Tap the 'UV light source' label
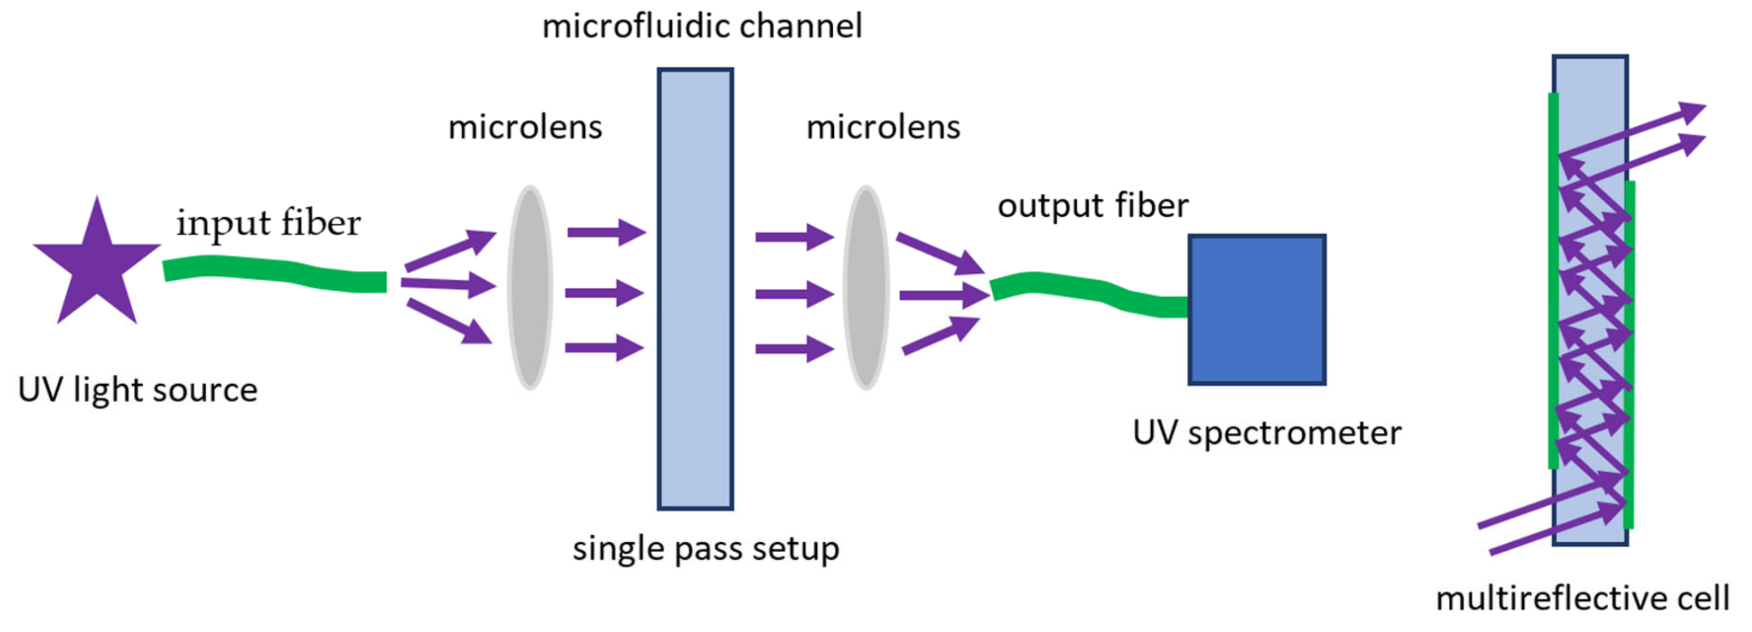click(x=137, y=390)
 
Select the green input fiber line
click(x=272, y=271)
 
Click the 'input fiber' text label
click(x=268, y=223)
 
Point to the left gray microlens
click(x=530, y=287)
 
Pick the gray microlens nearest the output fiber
click(x=866, y=287)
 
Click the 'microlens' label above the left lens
click(x=525, y=127)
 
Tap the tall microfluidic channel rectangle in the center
click(x=694, y=289)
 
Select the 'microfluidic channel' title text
click(x=702, y=27)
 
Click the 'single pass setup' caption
click(x=705, y=549)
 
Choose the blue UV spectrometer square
click(x=1256, y=310)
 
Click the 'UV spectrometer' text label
click(x=1267, y=433)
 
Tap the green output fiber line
click(x=1088, y=290)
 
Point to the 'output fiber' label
click(x=1092, y=205)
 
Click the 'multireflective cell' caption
click(x=1582, y=598)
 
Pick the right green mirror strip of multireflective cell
click(x=1628, y=354)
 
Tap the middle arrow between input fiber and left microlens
click(x=449, y=285)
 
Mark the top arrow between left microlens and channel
click(x=606, y=232)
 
